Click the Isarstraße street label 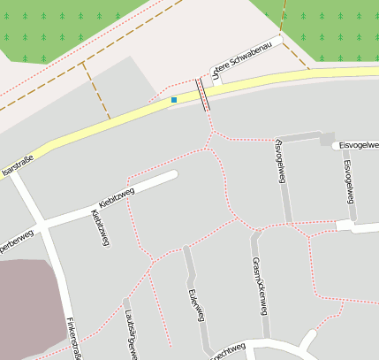click(x=19, y=162)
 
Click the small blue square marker click(x=174, y=100)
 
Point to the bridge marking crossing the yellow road click(x=204, y=94)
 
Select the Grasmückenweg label click(x=259, y=285)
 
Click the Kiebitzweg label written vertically click(x=99, y=228)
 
